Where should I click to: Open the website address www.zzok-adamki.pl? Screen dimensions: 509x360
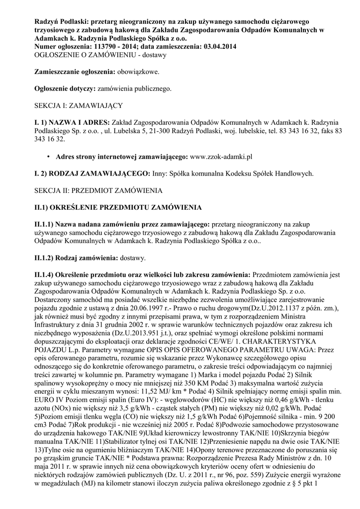click(222, 157)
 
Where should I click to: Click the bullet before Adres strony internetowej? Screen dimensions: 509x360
click(49, 157)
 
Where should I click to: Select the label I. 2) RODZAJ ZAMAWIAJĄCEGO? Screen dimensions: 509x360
click(88, 173)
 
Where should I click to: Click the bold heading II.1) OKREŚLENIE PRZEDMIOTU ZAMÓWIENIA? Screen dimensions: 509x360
click(117, 207)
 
